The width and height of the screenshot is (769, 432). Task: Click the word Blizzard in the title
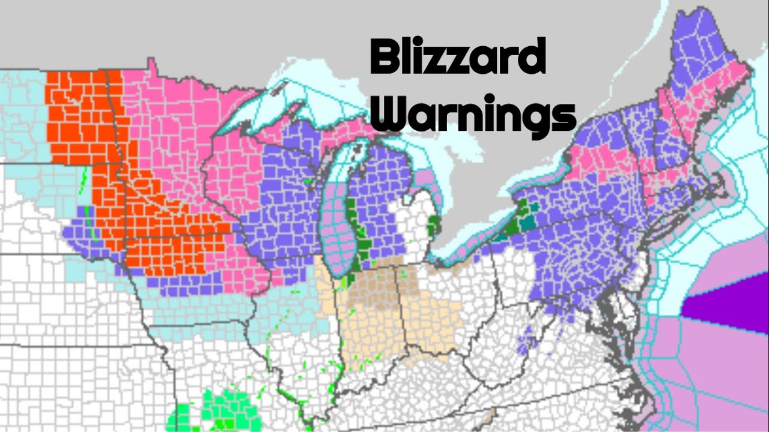coord(457,56)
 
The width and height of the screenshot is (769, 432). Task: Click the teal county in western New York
coord(527,223)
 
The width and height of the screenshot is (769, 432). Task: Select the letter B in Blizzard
coord(384,56)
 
